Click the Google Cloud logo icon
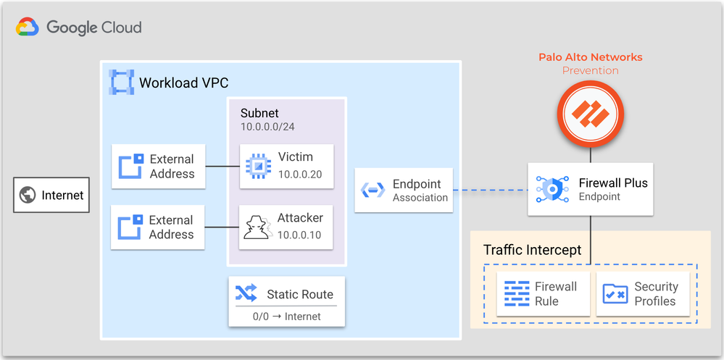coord(28,28)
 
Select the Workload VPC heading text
coord(183,82)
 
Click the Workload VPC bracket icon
coord(121,82)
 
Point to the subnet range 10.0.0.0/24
coord(267,127)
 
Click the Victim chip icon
coord(256,166)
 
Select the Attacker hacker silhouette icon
coord(257,226)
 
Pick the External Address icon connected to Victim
coord(131,166)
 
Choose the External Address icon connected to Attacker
coord(131,227)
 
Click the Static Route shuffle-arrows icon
coord(246,293)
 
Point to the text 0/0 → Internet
coord(286,317)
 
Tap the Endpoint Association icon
coord(373,190)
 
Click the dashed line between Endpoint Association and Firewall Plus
coord(490,191)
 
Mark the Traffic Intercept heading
coord(532,250)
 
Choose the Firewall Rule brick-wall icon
coord(517,293)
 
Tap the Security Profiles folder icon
coord(615,293)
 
